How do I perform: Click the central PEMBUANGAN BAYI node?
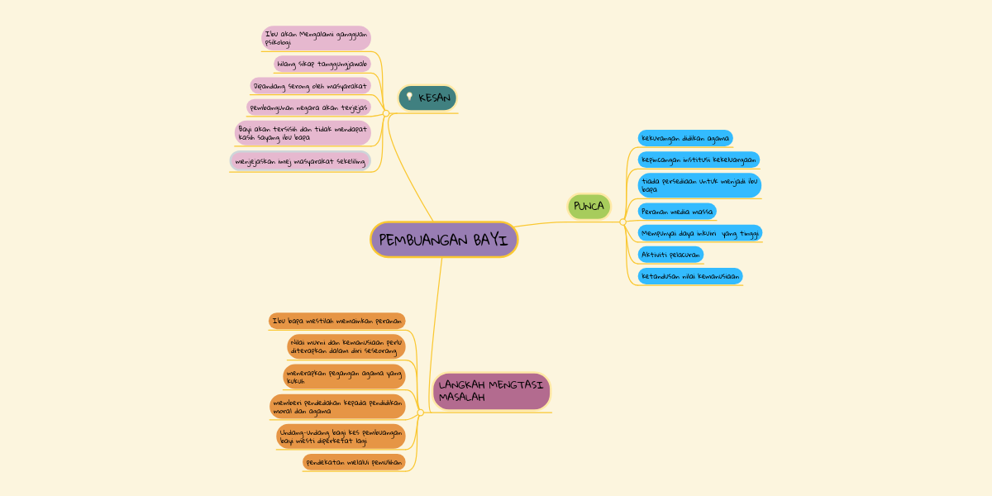[x=444, y=240]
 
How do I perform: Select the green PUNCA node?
[x=589, y=206]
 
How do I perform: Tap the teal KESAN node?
[x=427, y=98]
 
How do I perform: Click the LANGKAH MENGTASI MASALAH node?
[x=491, y=391]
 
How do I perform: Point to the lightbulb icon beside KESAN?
[x=409, y=97]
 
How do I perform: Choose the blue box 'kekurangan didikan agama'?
[x=685, y=138]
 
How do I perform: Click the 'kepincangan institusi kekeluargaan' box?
[x=699, y=160]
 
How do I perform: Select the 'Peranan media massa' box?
[x=677, y=212]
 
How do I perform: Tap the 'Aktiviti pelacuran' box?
[x=670, y=255]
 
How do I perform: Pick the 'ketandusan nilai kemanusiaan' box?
[x=690, y=276]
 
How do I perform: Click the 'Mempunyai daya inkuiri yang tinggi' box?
[x=699, y=233]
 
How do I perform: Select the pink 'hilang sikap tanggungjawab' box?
[x=322, y=64]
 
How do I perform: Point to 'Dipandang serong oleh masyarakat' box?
[x=311, y=86]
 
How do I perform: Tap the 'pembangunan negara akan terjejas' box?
[x=308, y=107]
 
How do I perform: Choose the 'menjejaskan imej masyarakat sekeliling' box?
[x=300, y=161]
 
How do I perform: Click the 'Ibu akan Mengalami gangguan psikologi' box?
[x=316, y=38]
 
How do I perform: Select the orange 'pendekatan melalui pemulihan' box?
[x=354, y=462]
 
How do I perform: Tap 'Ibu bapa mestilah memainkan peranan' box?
[x=337, y=321]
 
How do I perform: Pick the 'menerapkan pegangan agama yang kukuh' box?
[x=344, y=377]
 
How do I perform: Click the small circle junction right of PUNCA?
[x=622, y=222]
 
